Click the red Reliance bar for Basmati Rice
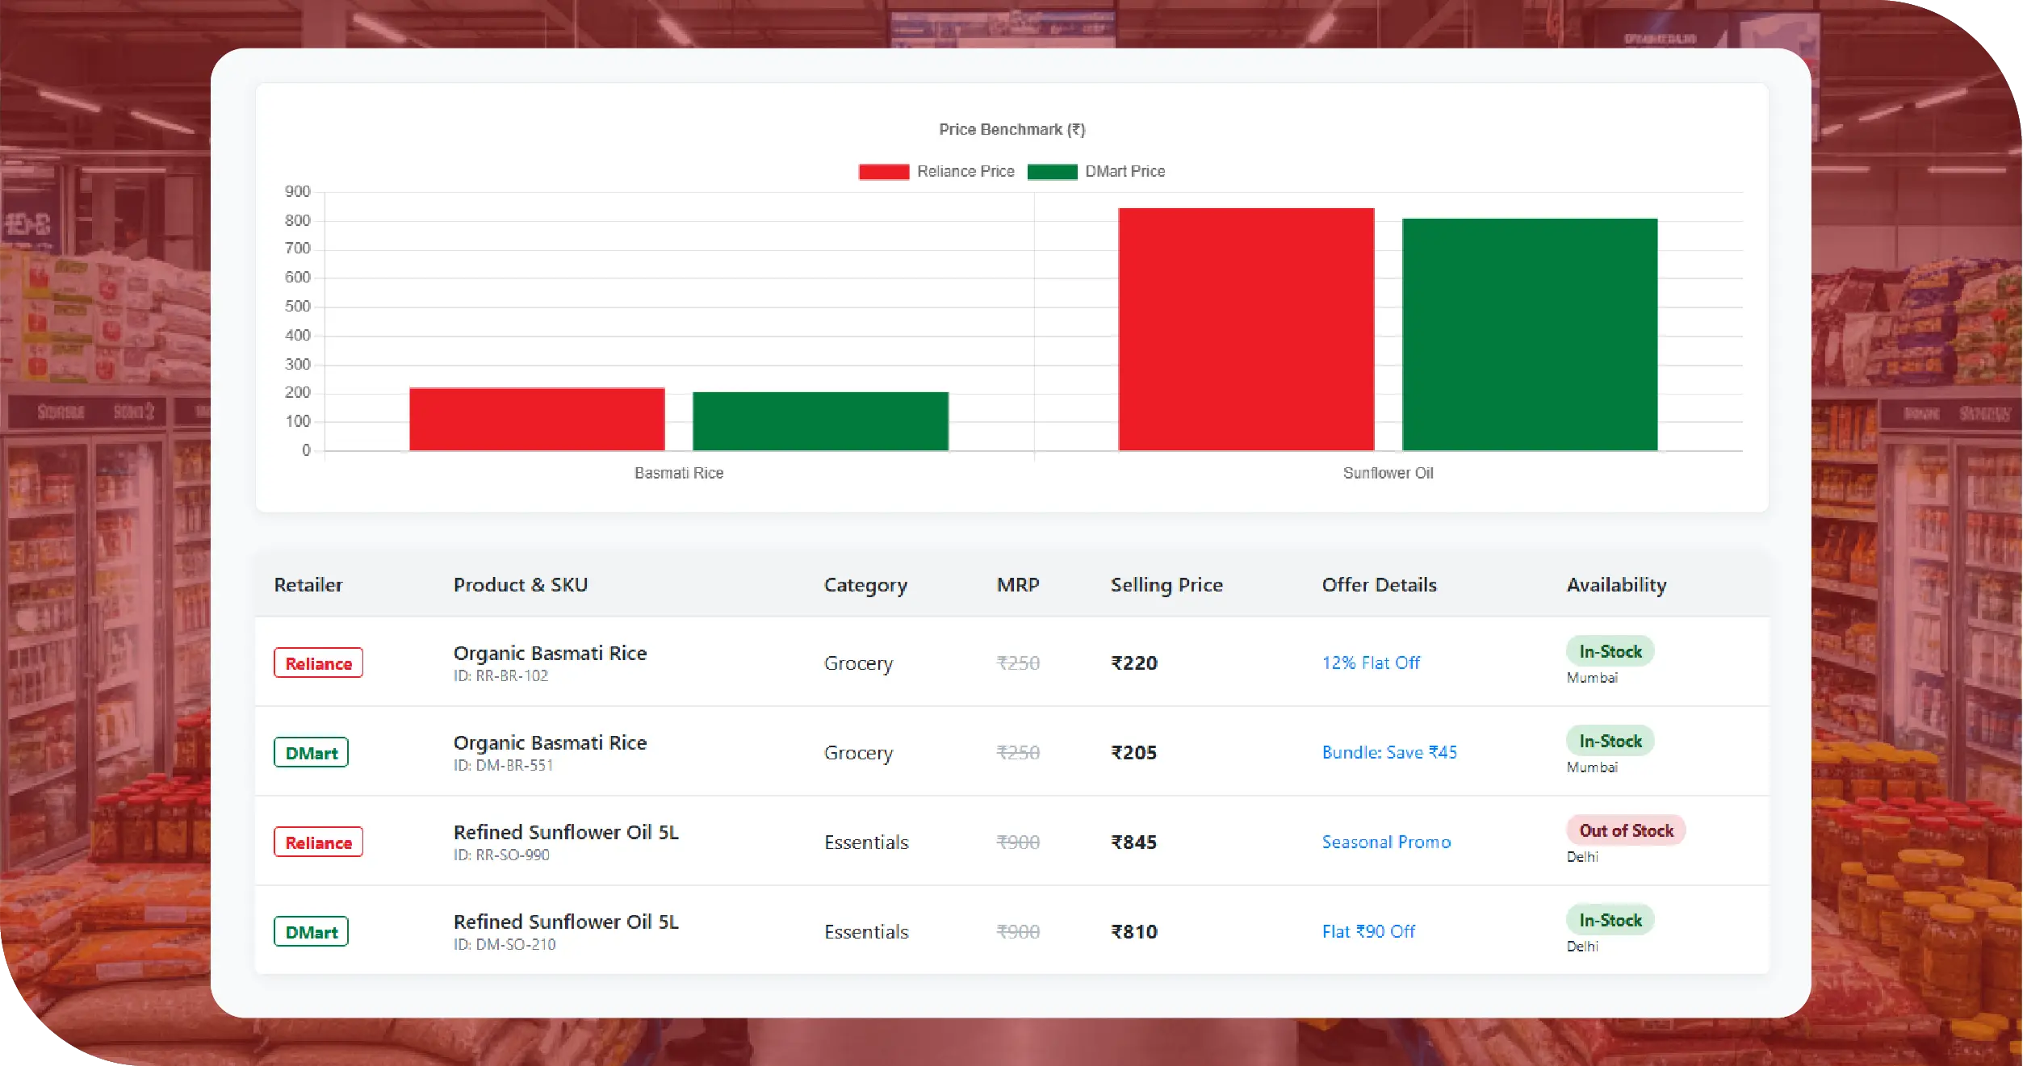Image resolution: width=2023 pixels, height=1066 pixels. click(x=537, y=419)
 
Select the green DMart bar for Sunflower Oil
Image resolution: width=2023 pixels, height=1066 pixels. click(x=1530, y=334)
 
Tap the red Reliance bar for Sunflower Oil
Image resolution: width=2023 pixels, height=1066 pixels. click(x=1246, y=329)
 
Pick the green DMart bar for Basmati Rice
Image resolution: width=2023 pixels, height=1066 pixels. click(x=820, y=421)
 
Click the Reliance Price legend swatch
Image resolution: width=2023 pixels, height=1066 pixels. click(x=884, y=172)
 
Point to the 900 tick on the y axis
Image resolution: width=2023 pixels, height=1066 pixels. click(x=297, y=192)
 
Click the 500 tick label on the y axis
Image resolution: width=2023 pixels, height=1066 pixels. click(x=297, y=307)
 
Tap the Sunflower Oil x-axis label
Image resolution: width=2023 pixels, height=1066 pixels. click(x=1388, y=473)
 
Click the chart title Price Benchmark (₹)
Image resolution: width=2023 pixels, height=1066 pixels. click(x=1011, y=130)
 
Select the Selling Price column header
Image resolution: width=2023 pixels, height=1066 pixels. click(x=1166, y=585)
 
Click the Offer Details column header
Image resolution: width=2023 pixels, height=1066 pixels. click(x=1379, y=585)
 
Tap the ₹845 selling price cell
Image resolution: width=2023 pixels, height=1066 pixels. click(x=1133, y=842)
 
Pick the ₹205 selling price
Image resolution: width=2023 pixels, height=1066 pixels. click(x=1133, y=753)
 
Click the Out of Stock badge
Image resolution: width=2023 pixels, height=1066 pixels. click(x=1626, y=830)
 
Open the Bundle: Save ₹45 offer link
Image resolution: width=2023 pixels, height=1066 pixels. click(x=1389, y=753)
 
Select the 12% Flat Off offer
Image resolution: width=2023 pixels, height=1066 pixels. click(x=1371, y=663)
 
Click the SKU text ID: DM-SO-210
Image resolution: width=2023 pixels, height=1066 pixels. click(x=505, y=944)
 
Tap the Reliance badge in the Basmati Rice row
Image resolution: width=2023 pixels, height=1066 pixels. click(x=318, y=663)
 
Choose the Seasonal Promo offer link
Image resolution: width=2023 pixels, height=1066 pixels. click(x=1386, y=842)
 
